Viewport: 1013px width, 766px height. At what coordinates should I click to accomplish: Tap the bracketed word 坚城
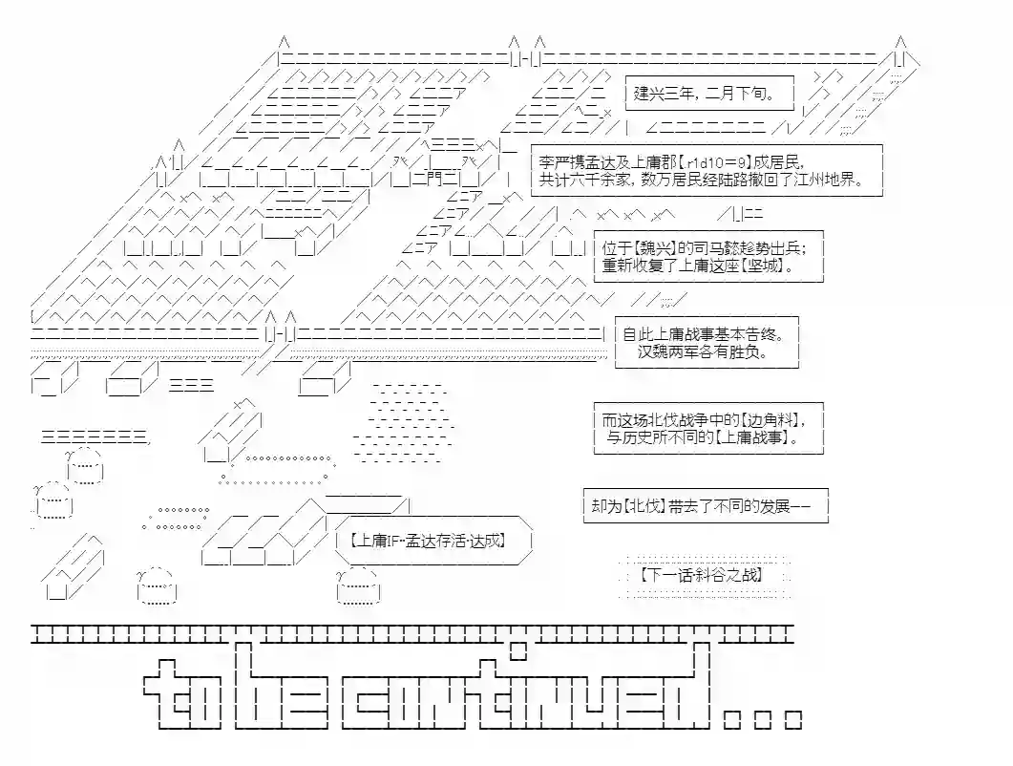click(x=767, y=266)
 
